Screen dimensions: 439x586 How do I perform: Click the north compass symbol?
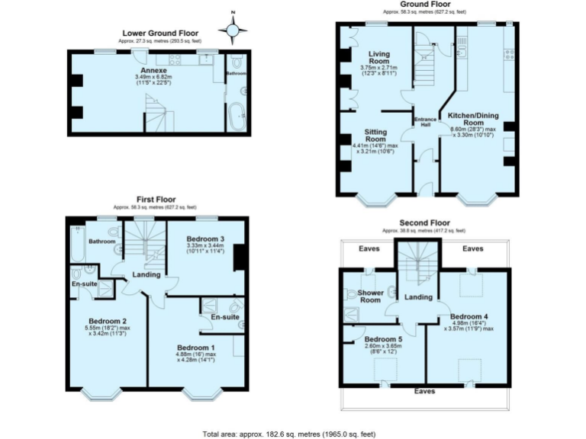233,30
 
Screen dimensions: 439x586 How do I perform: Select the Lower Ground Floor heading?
160,34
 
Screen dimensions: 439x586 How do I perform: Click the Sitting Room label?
375,135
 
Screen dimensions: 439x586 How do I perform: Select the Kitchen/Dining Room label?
476,118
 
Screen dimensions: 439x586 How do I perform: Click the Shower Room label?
370,296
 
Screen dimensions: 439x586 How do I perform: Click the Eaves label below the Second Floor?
425,391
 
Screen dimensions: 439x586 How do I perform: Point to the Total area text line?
288,433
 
